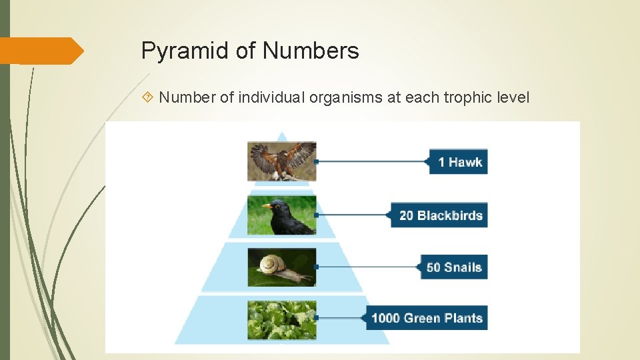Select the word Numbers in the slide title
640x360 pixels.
tap(311, 51)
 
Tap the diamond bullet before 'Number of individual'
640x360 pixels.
tap(149, 98)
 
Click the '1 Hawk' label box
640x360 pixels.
tap(459, 162)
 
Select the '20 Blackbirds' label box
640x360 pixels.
tap(441, 215)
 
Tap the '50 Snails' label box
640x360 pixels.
tap(453, 267)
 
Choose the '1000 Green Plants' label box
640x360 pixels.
tap(427, 318)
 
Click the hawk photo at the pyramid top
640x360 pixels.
tap(282, 161)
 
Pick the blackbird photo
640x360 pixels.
tap(282, 215)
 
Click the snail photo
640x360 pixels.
tap(282, 267)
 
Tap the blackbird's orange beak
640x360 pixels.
tap(267, 207)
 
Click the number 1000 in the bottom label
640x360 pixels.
tap(385, 318)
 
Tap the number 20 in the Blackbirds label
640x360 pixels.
tap(407, 215)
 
